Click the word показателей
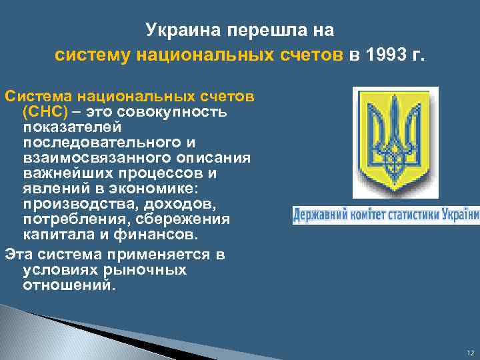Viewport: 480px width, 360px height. click(x=71, y=126)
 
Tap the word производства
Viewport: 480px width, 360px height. click(x=79, y=203)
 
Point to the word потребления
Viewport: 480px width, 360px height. click(x=74, y=219)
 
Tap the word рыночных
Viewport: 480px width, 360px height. click(x=145, y=270)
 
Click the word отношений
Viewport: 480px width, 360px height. click(x=68, y=285)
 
